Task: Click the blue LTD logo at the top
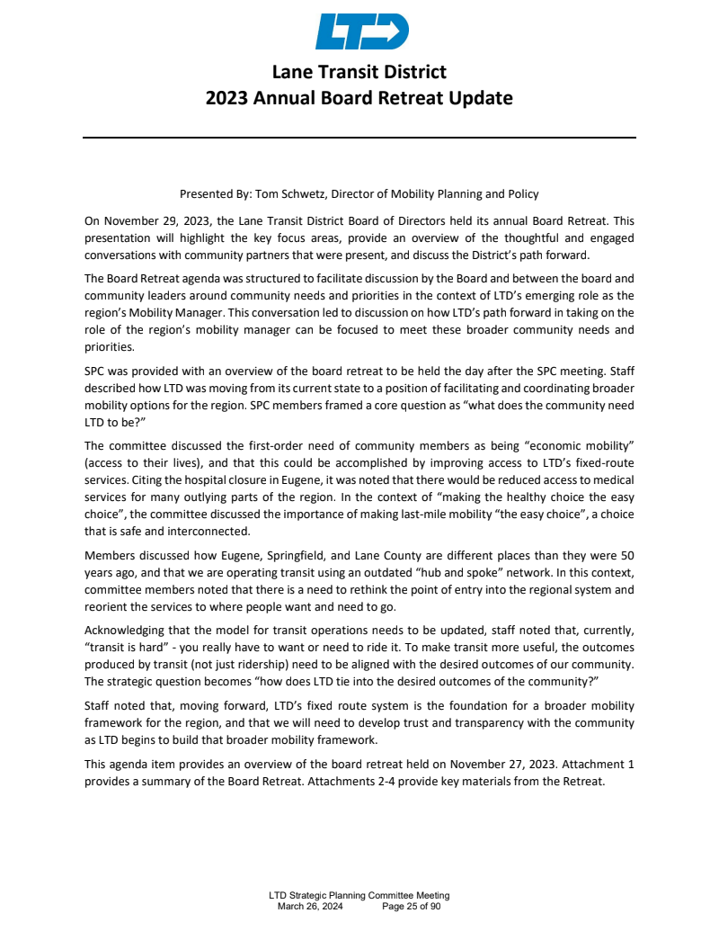coord(362,31)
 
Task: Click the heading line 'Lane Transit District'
coord(359,72)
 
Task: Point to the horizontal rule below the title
coord(359,138)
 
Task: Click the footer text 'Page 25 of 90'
coord(411,907)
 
